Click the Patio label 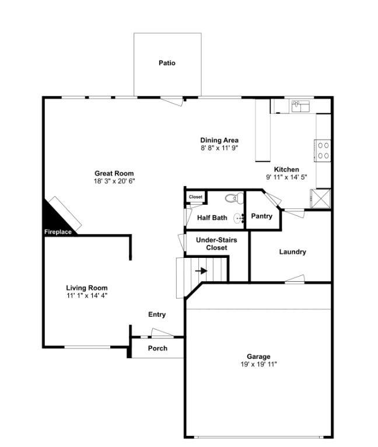click(167, 62)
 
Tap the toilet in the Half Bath click(235, 198)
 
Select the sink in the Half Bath click(239, 218)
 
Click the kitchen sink click(300, 106)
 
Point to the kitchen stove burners click(323, 151)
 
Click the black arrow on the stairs click(201, 271)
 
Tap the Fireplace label click(58, 232)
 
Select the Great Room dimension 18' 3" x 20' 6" click(114, 181)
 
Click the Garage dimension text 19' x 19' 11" click(258, 364)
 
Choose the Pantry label click(262, 216)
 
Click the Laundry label click(292, 252)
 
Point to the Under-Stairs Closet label click(216, 244)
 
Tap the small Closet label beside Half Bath click(195, 197)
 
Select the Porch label click(157, 348)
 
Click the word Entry click(157, 315)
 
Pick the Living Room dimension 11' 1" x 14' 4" click(87, 296)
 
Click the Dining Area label click(219, 140)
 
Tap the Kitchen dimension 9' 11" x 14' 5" click(286, 177)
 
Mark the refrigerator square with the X click(320, 198)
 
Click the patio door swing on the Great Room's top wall click(171, 101)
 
